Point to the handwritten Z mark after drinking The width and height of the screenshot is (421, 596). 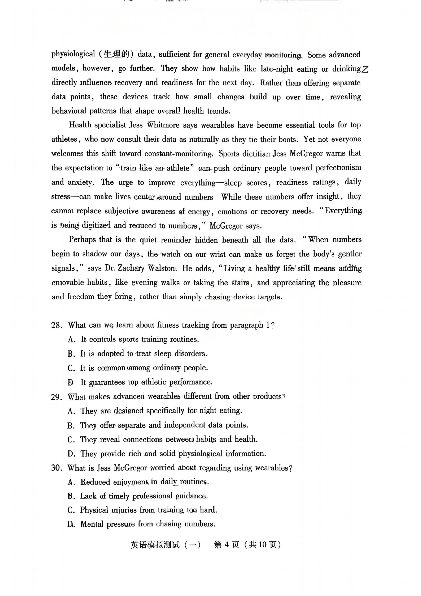(364, 69)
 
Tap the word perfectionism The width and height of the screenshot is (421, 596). (338, 168)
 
